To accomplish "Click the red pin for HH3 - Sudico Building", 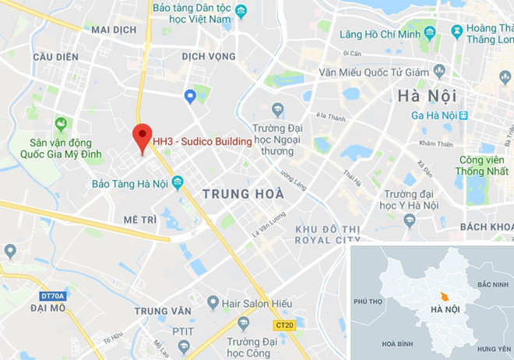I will click(x=141, y=137).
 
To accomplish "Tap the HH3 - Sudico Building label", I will click(x=202, y=142).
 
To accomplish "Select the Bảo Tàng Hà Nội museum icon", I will click(x=178, y=183).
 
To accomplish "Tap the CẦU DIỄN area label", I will click(x=56, y=58).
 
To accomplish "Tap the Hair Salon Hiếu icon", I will click(x=212, y=302).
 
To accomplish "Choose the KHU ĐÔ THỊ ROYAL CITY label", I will click(x=328, y=235).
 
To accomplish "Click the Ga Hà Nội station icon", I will click(x=463, y=115).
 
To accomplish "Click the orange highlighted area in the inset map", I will click(x=443, y=297).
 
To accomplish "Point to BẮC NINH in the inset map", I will click(x=494, y=286).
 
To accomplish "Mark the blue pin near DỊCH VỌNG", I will click(x=189, y=95).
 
